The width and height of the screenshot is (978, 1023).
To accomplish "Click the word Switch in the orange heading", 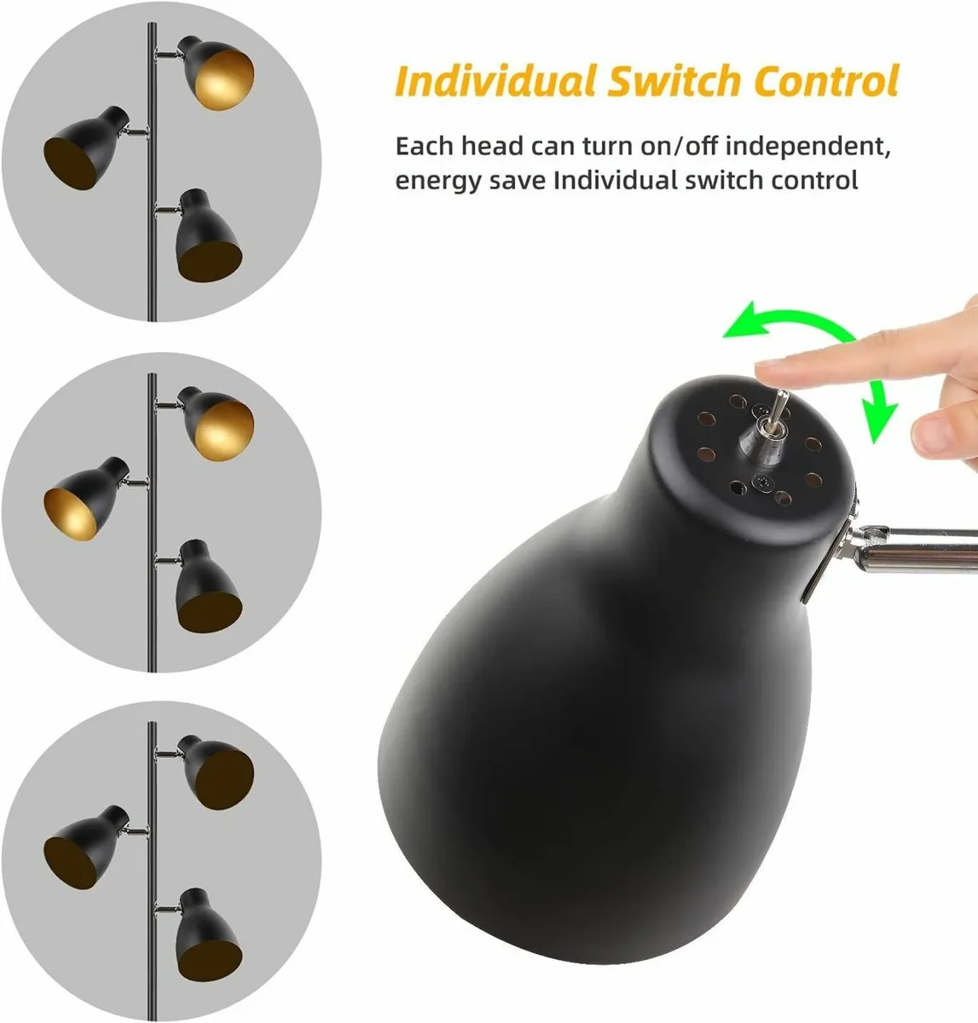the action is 674,80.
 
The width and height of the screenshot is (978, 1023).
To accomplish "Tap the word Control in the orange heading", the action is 826,80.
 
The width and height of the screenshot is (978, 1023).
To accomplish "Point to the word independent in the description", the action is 808,146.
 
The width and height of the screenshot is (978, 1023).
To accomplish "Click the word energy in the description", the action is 438,182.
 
